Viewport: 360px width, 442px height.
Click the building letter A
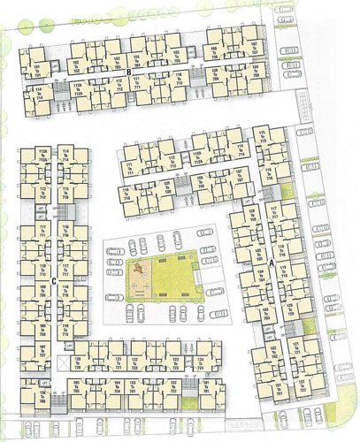click(x=272, y=263)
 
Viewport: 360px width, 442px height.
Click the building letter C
click(x=55, y=281)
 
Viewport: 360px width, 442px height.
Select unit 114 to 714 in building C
click(x=66, y=156)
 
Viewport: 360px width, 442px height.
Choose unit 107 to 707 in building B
click(x=254, y=50)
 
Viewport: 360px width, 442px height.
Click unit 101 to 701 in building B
click(x=36, y=68)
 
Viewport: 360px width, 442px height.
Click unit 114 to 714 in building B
click(x=37, y=93)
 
